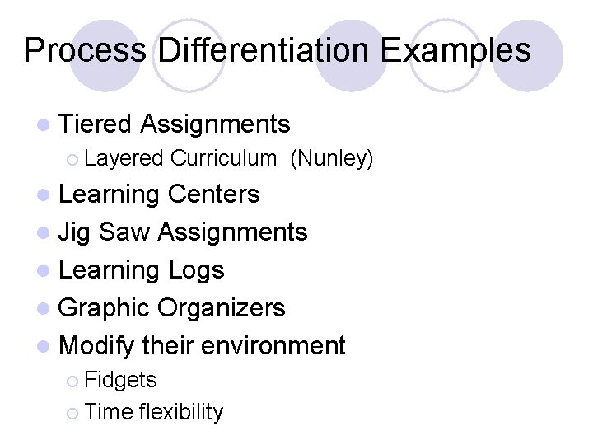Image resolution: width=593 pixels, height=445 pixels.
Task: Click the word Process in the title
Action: pos(85,50)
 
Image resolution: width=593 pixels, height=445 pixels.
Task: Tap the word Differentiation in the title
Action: pos(263,50)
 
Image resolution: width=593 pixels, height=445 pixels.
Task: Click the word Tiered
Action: pos(96,124)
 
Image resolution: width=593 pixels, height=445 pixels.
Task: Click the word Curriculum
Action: pos(223,158)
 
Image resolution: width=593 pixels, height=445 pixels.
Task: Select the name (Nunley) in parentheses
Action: pos(332,158)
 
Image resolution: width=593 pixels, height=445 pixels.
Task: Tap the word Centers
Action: pos(213,194)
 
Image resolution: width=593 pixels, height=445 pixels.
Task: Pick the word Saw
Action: pos(124,232)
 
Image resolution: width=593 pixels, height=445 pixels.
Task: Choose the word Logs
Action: pos(196,270)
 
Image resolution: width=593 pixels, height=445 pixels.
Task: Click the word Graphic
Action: pos(105,308)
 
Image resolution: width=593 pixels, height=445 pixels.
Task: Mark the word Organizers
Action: pos(222,308)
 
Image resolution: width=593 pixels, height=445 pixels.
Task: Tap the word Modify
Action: pos(97,346)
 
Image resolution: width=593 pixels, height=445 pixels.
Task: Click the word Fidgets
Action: pos(120,380)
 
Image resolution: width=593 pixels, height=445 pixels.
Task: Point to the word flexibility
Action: pos(181,412)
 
